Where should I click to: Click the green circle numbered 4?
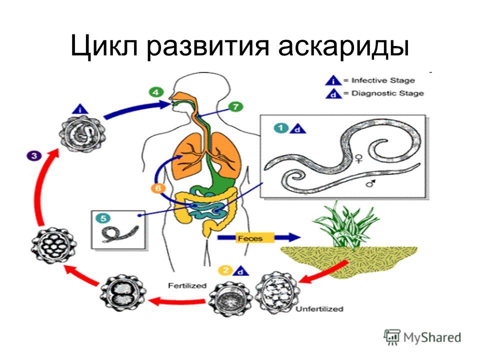156,92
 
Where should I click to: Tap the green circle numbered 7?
235,106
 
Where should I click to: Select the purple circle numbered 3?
33,155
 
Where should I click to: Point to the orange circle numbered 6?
158,188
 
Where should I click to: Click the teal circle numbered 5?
103,218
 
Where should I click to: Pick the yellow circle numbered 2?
225,270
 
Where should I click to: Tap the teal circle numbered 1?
281,128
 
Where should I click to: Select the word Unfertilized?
319,309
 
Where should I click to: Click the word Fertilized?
187,285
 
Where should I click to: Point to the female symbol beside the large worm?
359,158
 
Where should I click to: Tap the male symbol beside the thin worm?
371,183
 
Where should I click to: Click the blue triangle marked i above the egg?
80,109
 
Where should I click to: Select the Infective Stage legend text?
383,80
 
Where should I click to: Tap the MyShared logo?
422,337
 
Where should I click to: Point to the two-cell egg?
123,293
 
